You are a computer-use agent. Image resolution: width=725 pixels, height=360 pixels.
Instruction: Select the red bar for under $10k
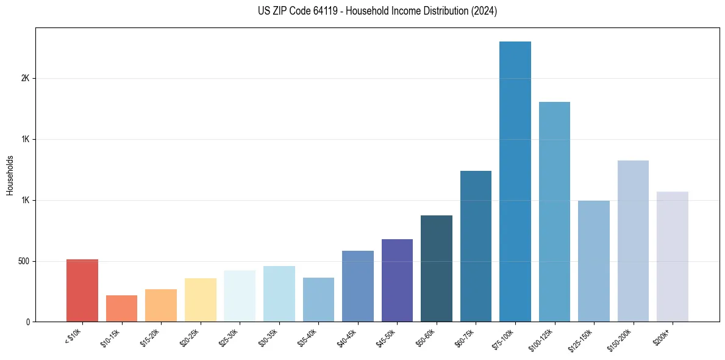click(x=82, y=290)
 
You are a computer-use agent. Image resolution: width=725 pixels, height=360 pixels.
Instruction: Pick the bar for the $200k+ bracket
click(x=672, y=256)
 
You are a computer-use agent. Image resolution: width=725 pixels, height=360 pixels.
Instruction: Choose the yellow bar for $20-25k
click(x=200, y=300)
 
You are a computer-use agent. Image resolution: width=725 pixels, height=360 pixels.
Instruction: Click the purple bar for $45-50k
click(x=397, y=280)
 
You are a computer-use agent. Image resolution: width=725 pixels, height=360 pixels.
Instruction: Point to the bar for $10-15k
click(x=121, y=308)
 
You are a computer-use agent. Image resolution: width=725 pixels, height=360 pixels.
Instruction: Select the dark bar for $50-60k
click(x=436, y=268)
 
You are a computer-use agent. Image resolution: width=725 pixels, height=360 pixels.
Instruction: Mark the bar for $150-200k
click(x=633, y=241)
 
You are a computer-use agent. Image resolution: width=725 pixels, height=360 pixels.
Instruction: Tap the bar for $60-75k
click(x=476, y=246)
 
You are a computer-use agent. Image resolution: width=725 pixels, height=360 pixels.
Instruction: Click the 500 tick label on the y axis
click(x=24, y=261)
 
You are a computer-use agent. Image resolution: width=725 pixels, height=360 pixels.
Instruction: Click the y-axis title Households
click(x=10, y=175)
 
